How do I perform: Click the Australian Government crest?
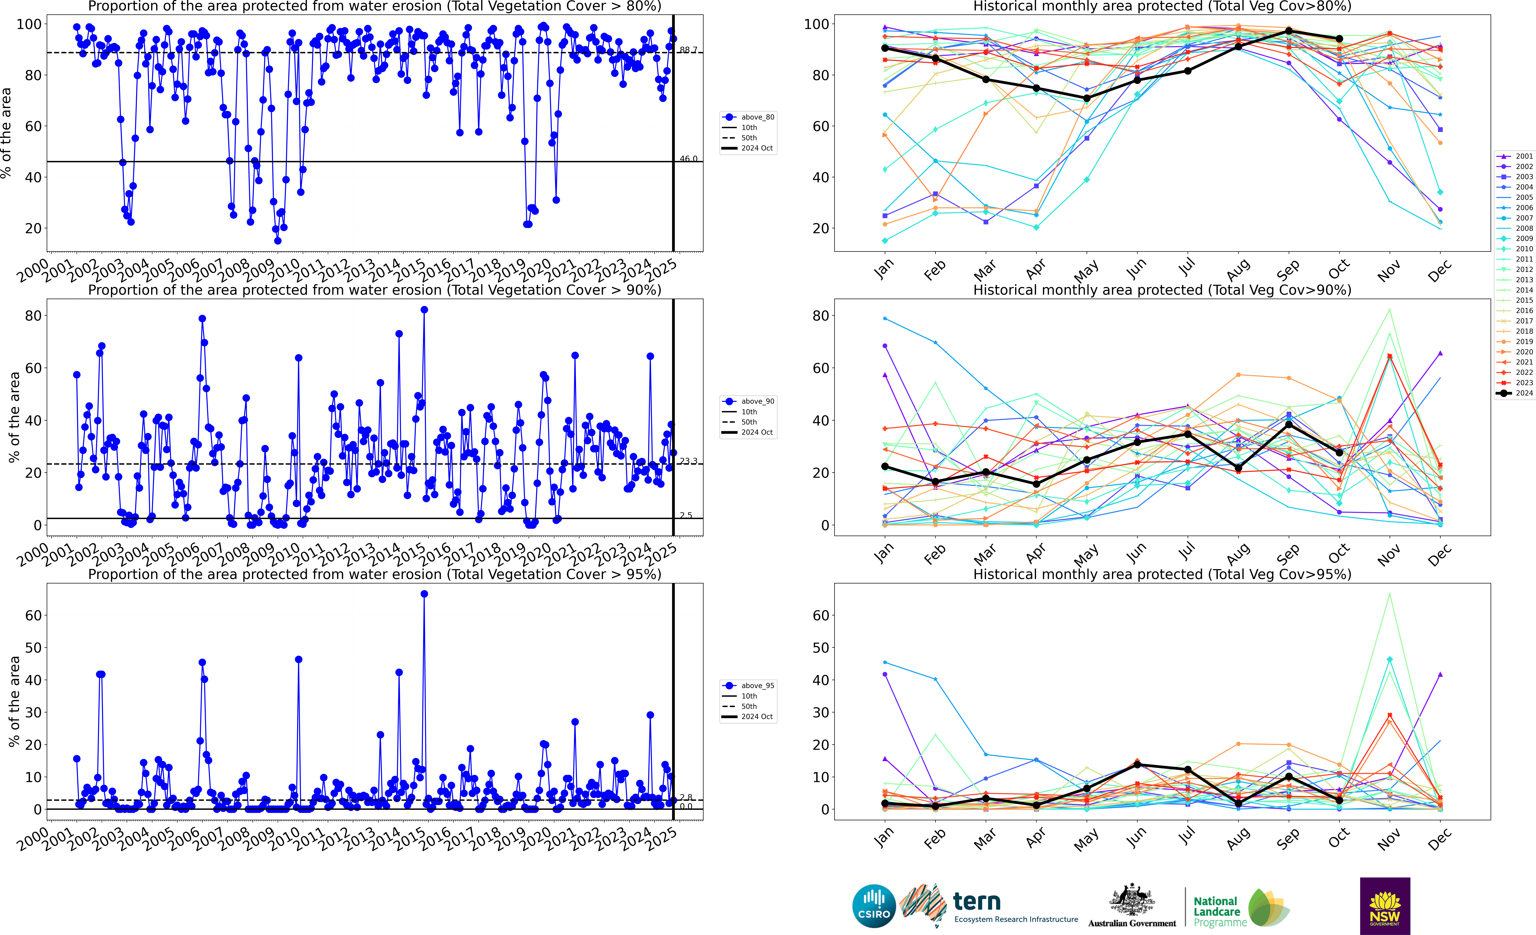click(x=1131, y=899)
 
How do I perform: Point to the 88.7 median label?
click(x=688, y=50)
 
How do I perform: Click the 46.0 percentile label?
click(x=688, y=159)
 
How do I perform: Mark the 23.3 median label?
click(x=688, y=461)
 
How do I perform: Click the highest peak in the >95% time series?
click(x=424, y=594)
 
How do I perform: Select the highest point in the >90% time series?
click(x=424, y=310)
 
